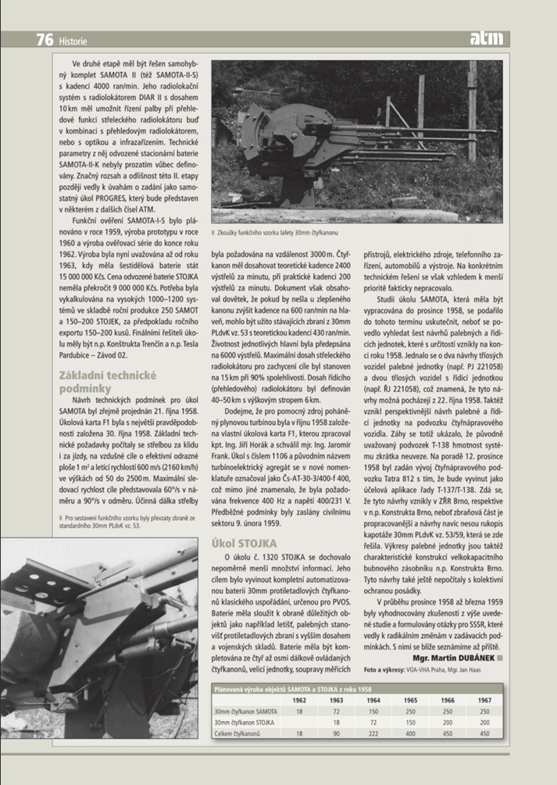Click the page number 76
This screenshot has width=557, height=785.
[42, 39]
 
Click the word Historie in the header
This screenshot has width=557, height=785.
[73, 41]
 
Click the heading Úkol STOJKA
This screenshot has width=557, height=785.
[245, 542]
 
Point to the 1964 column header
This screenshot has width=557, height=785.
[373, 700]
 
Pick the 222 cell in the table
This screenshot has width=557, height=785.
[373, 733]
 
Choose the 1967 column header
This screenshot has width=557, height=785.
[484, 700]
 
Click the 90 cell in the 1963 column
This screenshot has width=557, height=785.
[337, 733]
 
